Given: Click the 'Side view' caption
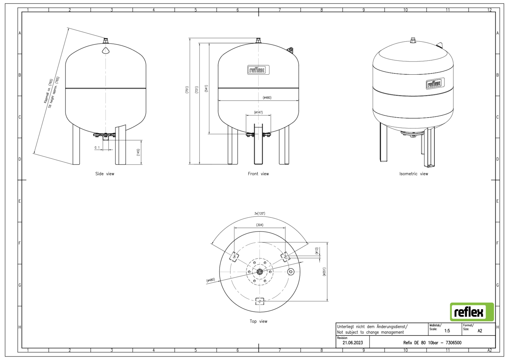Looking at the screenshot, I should (105, 174).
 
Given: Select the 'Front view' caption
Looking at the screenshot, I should (258, 174).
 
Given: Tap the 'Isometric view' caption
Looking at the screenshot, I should (414, 174).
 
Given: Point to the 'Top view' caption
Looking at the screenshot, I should (258, 321).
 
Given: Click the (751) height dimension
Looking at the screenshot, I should (187, 90).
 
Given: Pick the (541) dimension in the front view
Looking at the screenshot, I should (206, 89).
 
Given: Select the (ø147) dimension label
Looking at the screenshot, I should (258, 112).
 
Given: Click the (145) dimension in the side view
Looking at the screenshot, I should (138, 152).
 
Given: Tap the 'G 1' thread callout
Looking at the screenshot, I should (97, 147).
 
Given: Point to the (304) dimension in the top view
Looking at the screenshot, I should (260, 225).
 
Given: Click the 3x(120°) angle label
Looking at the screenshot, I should (260, 214).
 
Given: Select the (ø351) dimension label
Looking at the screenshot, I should (324, 271).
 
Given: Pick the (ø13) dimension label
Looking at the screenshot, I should (316, 251).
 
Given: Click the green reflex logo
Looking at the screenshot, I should (472, 312).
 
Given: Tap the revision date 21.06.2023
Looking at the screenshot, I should (353, 343).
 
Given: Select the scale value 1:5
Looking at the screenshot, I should (447, 330).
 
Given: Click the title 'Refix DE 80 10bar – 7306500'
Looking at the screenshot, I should (432, 343).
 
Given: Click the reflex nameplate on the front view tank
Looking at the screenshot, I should (258, 70).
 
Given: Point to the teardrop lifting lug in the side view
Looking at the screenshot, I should (106, 51).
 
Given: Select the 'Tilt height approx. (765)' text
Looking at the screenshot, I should (54, 92).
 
